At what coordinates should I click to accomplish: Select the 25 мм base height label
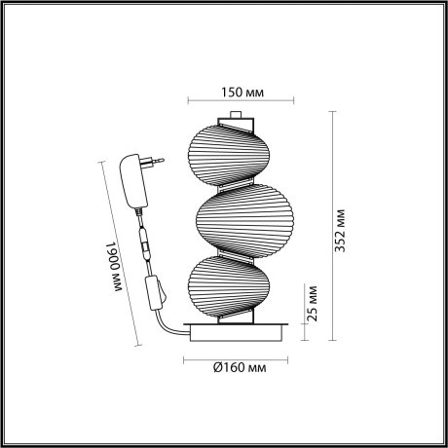[x=312, y=304]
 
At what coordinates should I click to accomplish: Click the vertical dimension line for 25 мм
[x=303, y=317]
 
